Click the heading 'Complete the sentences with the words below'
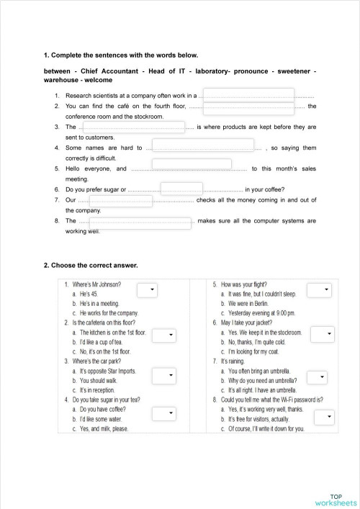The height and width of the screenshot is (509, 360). (120, 55)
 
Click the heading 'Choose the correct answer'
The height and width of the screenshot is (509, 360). (91, 265)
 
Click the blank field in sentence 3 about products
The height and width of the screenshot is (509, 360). (134, 127)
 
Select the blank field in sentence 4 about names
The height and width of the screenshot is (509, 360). (203, 147)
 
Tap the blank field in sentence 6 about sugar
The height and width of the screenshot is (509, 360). (181, 189)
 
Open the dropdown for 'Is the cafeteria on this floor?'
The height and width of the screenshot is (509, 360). (164, 335)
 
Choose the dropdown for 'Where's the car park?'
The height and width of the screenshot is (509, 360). (164, 375)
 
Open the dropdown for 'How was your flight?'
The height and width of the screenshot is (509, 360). (319, 289)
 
